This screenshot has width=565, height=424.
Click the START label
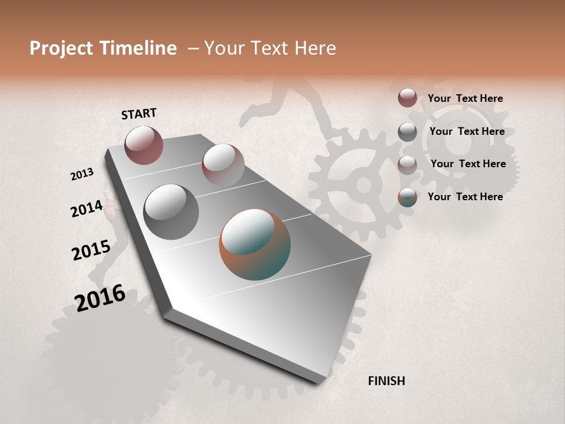pos(139,114)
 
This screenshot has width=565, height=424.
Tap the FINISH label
pos(386,381)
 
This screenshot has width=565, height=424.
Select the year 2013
pos(82,174)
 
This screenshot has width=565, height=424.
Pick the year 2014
pos(87,208)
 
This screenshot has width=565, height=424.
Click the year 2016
pos(100,298)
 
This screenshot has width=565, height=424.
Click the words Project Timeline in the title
pos(103,48)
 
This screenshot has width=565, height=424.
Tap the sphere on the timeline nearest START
pos(144,145)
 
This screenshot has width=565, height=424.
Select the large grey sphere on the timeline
pos(171,211)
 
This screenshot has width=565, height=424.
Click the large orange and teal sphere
pos(254,244)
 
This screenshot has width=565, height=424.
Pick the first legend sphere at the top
pos(407,98)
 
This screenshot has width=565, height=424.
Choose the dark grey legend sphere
pos(407,132)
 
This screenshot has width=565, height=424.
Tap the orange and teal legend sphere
pos(407,197)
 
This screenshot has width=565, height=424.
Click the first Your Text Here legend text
pos(465,98)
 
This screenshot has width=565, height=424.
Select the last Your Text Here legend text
pos(465,197)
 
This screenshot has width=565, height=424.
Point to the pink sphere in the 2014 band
pos(223,165)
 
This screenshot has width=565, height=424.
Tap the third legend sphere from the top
pos(407,165)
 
